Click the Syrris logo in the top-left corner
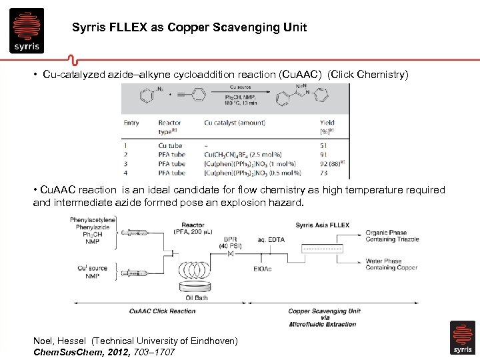[x=27, y=30]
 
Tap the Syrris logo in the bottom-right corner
[x=463, y=338]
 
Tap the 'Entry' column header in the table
[x=131, y=123]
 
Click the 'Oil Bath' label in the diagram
[x=198, y=298]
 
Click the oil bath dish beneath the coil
[x=197, y=287]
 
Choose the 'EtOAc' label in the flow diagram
[x=262, y=269]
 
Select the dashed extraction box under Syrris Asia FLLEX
[x=322, y=249]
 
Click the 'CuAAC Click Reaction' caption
[x=163, y=311]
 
